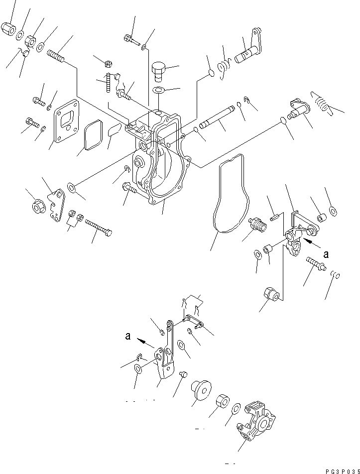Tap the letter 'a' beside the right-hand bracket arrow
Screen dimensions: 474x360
[x=326, y=254]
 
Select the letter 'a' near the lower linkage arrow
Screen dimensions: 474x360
[x=129, y=337]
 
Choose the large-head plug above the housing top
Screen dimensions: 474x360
[x=158, y=71]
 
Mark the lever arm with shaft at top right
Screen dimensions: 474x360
[x=251, y=48]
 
